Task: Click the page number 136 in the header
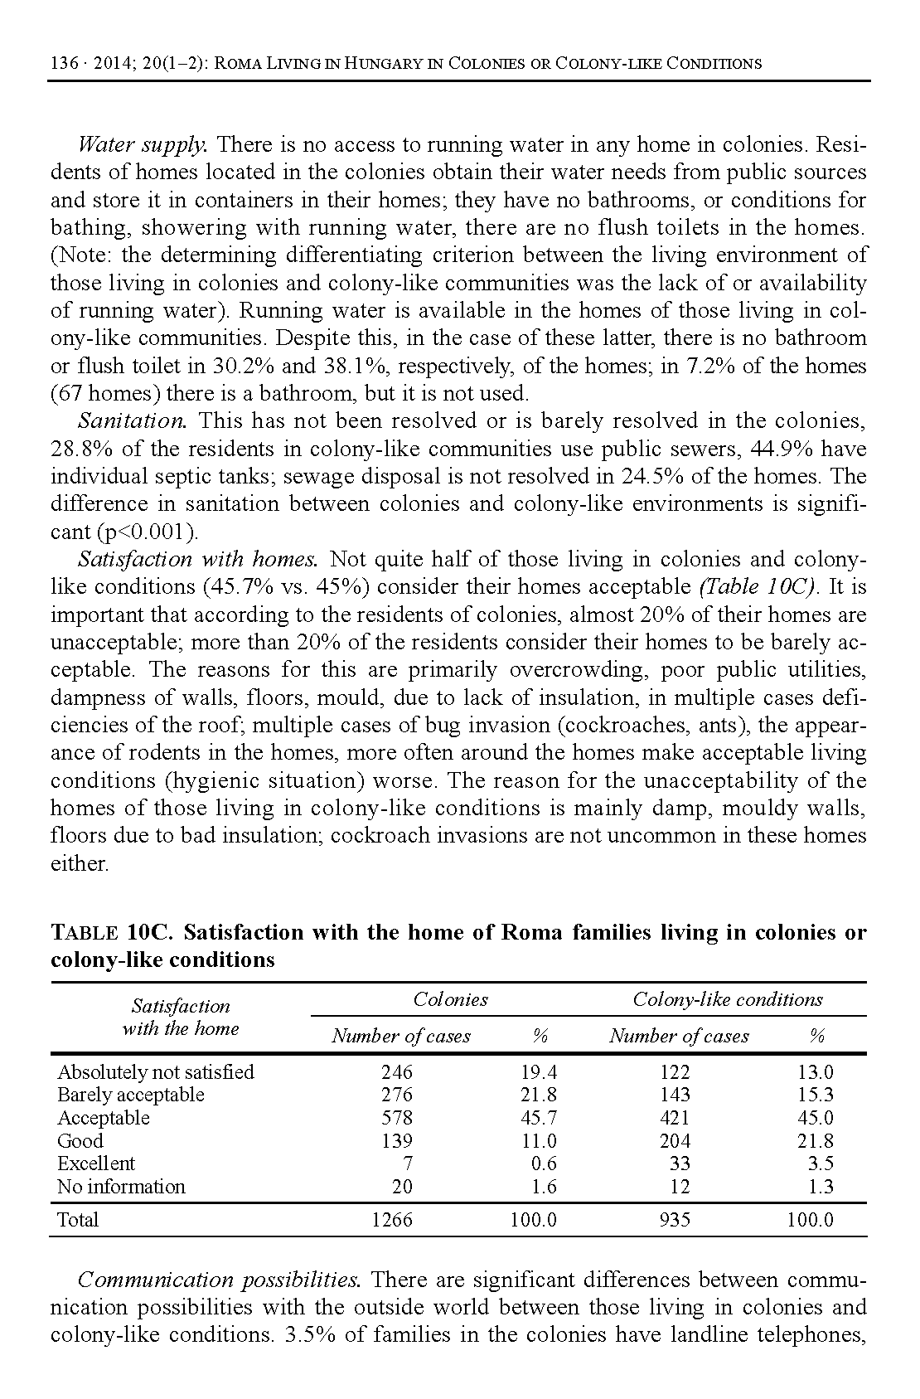64,64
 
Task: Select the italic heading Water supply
142,145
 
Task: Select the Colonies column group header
450,1000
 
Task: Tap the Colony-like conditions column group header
728,1000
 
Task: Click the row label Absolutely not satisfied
156,1072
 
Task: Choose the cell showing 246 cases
397,1072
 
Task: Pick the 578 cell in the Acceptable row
397,1118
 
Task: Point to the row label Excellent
96,1163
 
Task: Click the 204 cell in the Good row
675,1141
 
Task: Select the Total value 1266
392,1220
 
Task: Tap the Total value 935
675,1220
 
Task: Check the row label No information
121,1187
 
